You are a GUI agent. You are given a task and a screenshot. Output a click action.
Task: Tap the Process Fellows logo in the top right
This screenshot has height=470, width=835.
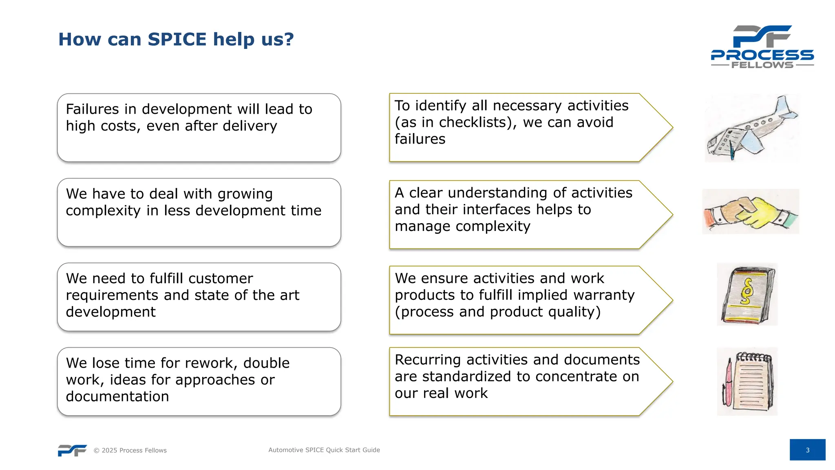[x=762, y=47]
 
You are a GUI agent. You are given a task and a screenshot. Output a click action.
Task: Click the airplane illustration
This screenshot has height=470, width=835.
[x=751, y=129]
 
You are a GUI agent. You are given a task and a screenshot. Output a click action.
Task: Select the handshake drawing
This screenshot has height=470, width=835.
[x=751, y=212]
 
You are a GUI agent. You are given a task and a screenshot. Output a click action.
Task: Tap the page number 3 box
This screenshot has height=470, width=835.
[x=807, y=450]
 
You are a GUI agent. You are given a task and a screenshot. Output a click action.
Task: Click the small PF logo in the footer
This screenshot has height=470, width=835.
[x=72, y=450]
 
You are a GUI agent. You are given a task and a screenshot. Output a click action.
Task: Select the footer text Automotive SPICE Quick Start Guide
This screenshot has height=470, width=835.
[x=324, y=450]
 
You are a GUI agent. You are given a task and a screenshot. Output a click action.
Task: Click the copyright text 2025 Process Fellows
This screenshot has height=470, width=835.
[x=130, y=450]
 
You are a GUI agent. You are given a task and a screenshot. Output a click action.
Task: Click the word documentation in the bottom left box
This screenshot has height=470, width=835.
[x=117, y=397]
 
